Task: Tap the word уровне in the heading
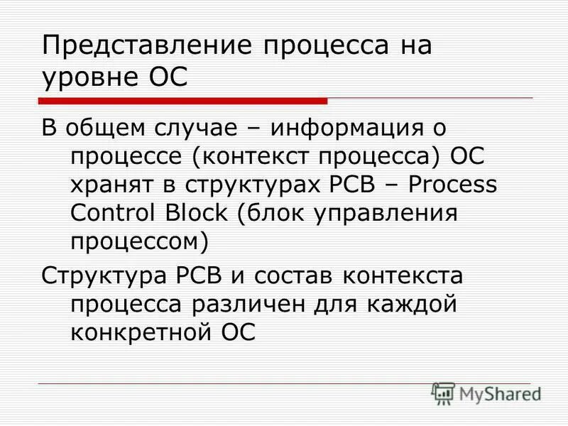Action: coord(88,77)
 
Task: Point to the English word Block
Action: coord(202,212)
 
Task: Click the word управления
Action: coord(379,212)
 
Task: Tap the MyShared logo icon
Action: coord(444,392)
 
